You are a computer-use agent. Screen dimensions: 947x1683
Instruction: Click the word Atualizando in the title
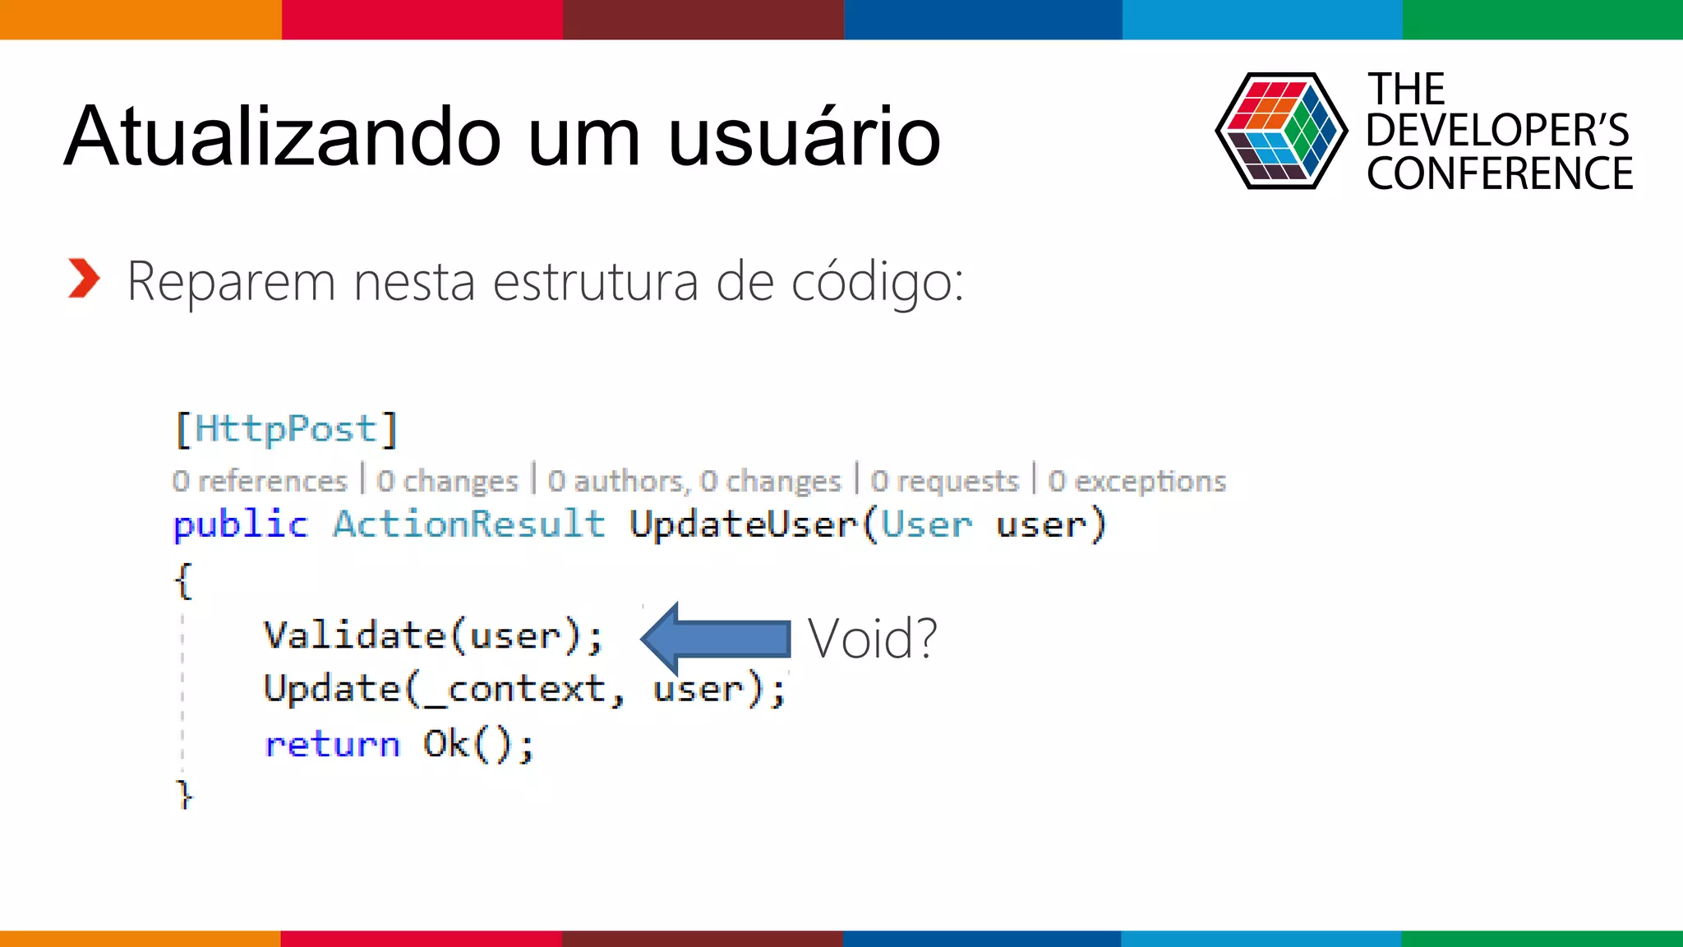282,136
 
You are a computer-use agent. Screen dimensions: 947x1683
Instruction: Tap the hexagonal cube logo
1280,131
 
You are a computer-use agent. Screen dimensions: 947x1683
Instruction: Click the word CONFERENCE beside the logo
1499,174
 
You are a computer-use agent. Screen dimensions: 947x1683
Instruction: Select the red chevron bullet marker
83,278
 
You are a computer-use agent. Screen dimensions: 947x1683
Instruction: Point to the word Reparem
231,282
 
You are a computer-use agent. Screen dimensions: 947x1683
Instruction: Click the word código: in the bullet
877,282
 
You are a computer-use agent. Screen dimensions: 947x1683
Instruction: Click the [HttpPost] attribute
286,429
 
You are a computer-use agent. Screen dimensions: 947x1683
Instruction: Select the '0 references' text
260,481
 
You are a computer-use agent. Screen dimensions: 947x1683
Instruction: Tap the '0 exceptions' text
1137,481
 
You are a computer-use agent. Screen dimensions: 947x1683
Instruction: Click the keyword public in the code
240,524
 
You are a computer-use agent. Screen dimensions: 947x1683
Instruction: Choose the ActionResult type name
468,524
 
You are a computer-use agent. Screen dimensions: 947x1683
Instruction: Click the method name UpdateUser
744,524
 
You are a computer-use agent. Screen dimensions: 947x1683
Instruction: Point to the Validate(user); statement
433,635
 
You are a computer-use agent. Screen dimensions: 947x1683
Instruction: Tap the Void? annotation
872,638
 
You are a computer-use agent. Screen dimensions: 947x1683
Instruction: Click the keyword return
332,745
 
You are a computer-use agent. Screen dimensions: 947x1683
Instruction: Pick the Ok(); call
477,745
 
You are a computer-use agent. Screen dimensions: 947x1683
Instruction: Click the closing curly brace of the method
185,794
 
